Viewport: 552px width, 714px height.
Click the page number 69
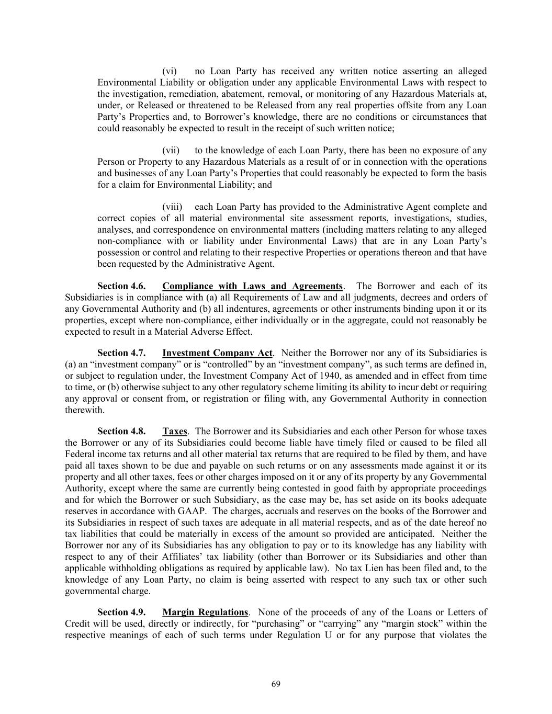pyautogui.click(x=276, y=684)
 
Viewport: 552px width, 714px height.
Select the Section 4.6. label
pyautogui.click(x=121, y=286)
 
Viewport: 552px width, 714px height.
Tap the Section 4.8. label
pyautogui.click(x=121, y=432)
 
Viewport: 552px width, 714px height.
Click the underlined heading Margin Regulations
pyautogui.click(x=205, y=612)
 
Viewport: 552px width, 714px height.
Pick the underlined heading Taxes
pyautogui.click(x=175, y=432)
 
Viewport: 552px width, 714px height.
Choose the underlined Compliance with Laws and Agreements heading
pyautogui.click(x=252, y=286)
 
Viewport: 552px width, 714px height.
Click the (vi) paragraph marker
pyautogui.click(x=170, y=71)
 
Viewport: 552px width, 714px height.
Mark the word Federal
pyautogui.click(x=80, y=455)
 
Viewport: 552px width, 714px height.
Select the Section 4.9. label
pyautogui.click(x=121, y=612)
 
